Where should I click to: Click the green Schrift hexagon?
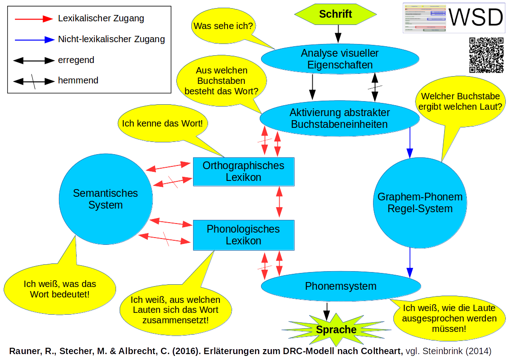[x=335, y=14]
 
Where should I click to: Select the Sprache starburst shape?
[x=336, y=330]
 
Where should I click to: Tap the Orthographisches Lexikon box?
[x=243, y=171]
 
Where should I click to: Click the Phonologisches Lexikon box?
[x=243, y=235]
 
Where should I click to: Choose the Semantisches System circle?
[x=105, y=199]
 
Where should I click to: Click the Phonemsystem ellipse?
[x=341, y=286]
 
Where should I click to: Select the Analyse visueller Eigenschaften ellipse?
[x=340, y=59]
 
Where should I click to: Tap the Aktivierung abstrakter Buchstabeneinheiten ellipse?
[x=340, y=118]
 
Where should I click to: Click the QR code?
[x=486, y=55]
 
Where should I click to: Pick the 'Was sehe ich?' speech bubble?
[x=223, y=26]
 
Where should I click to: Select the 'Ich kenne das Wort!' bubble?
[x=162, y=123]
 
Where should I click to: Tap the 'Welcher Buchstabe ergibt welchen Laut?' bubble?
[x=461, y=102]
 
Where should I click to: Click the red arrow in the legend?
[x=34, y=19]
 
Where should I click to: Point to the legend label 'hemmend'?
[x=78, y=81]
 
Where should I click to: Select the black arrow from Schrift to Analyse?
[x=338, y=34]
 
